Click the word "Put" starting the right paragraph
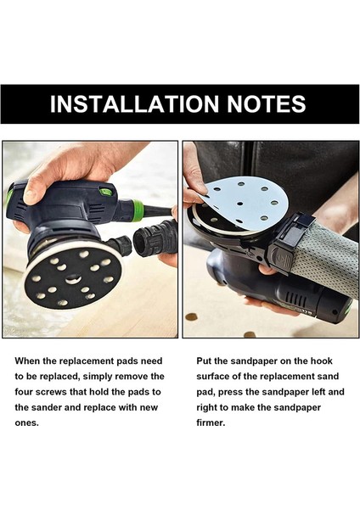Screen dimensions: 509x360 pyautogui.click(x=206, y=361)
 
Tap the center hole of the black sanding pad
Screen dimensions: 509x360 pyautogui.click(x=72, y=279)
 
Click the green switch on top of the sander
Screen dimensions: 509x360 pyautogui.click(x=105, y=193)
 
